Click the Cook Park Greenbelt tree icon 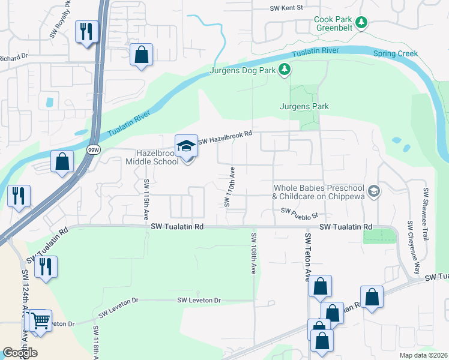361,23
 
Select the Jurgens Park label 304,107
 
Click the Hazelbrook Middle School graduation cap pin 187,146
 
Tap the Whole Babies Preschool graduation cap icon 374,191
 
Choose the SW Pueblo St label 298,212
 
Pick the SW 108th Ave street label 254,254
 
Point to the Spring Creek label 396,53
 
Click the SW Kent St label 287,8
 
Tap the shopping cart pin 41,321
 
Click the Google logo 20,353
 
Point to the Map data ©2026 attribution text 423,355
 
